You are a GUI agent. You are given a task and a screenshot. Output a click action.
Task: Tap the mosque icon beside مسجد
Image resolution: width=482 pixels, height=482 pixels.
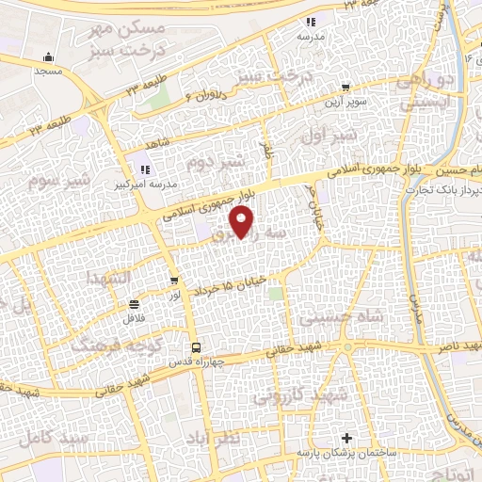51,56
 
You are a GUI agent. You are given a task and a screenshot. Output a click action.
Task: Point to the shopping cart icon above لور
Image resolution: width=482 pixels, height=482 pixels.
174,281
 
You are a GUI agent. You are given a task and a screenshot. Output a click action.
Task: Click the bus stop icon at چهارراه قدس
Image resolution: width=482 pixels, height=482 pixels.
195,347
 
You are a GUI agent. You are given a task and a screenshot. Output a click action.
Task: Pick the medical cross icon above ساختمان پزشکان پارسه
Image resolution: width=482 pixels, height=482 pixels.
348,438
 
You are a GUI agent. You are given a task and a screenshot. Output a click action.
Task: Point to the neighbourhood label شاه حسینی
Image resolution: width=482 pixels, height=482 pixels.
341,318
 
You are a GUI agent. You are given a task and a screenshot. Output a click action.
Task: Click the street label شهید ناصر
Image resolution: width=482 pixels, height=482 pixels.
455,346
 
